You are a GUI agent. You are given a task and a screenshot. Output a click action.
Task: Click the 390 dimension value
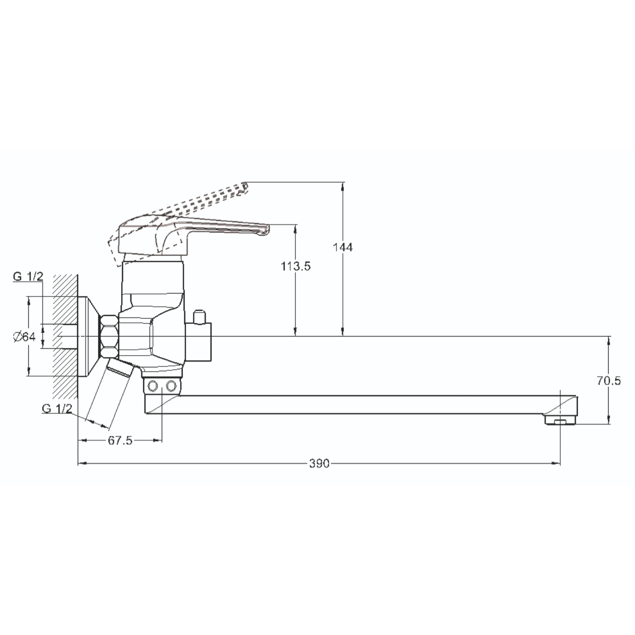[319, 464]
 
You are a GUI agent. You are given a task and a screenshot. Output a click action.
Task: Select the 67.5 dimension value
[120, 440]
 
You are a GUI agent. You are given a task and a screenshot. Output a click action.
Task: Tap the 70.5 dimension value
[609, 381]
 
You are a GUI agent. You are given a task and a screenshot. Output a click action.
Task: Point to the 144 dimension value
[343, 247]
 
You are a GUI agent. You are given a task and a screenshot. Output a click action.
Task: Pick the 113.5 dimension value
[296, 266]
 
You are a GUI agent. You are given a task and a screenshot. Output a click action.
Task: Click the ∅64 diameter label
[24, 337]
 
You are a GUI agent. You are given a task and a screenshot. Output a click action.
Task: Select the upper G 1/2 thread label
[28, 276]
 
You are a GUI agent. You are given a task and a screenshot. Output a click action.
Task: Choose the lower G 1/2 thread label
[57, 409]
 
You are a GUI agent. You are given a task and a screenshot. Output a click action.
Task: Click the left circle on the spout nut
[153, 385]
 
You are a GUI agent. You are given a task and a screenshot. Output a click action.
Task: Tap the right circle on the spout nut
[171, 385]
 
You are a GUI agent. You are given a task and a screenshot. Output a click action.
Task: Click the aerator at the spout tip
[560, 420]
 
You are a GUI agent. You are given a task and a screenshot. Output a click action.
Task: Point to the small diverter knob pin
[199, 317]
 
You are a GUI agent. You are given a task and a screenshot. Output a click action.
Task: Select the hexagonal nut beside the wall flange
[109, 336]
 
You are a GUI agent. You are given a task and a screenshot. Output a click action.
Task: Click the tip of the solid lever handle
[268, 229]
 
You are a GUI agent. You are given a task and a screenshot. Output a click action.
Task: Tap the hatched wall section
[65, 337]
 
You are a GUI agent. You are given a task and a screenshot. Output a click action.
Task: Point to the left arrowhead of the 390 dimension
[82, 464]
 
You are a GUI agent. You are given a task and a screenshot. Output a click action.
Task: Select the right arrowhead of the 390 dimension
[556, 464]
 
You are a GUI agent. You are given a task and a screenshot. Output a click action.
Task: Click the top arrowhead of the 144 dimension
[343, 186]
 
